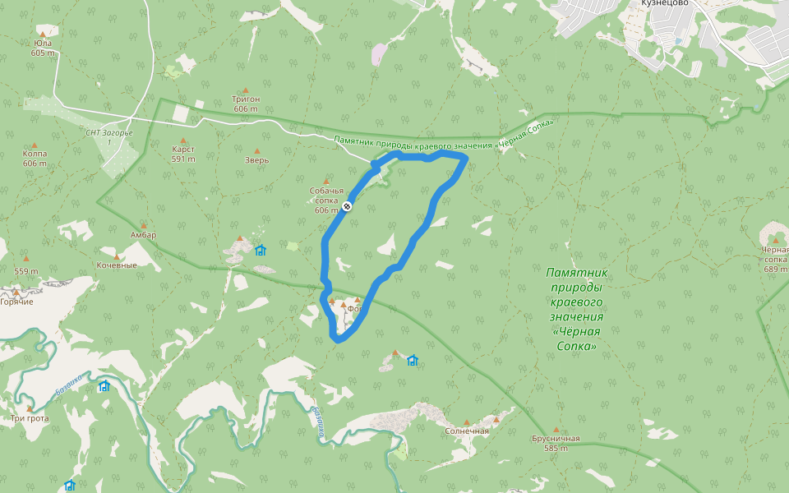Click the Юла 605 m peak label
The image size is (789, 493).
43,48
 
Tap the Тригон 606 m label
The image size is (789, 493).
246,104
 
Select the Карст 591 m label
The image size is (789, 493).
183,154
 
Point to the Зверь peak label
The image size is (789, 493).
256,161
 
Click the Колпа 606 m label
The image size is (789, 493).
35,158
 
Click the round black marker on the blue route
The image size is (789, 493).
348,206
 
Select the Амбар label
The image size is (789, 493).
143,235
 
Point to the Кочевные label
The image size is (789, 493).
117,265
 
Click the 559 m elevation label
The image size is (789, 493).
26,271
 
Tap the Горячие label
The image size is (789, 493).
16,302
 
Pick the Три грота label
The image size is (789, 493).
30,418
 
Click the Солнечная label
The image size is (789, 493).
467,431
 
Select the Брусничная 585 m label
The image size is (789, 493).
556,443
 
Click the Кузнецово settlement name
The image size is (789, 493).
664,3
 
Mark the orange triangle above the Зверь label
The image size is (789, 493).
256,150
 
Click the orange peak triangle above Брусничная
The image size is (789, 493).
556,429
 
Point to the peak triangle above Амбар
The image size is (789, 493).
144,224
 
